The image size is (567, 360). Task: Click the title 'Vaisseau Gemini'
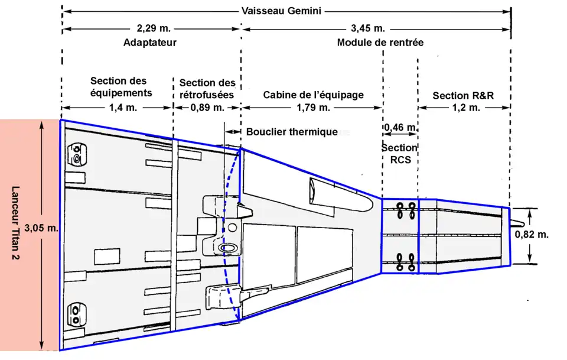click(x=286, y=11)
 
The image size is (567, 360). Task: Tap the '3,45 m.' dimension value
click(x=367, y=28)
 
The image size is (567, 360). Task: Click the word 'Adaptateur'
click(x=150, y=43)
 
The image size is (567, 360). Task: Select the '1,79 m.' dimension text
click(x=314, y=108)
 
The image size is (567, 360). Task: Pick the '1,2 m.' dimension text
click(x=464, y=108)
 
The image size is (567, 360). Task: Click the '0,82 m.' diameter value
click(x=532, y=234)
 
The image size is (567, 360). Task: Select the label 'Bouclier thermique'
click(x=292, y=132)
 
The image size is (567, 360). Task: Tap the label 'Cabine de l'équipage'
click(x=313, y=95)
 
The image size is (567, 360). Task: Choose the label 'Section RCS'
click(x=399, y=153)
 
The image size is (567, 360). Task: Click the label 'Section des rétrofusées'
click(x=207, y=88)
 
